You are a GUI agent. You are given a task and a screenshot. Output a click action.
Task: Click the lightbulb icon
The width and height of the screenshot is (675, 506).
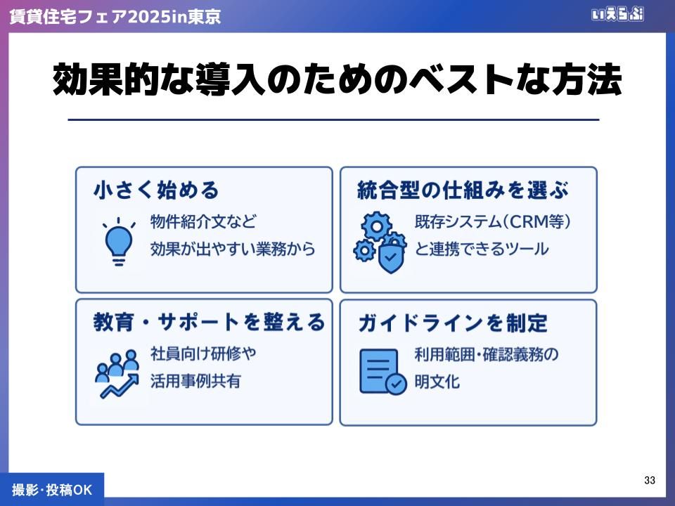tap(118, 241)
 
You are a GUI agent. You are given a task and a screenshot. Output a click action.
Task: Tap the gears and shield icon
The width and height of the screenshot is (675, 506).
tap(380, 242)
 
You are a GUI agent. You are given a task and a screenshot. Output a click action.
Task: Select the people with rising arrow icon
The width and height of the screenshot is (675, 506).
tap(117, 373)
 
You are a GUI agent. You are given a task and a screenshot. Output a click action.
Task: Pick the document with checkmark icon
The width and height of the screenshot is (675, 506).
tap(382, 372)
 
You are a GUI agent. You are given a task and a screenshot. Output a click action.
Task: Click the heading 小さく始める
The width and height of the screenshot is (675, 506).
tap(156, 190)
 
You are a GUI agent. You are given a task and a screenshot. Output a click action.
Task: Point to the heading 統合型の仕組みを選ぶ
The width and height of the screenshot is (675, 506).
tap(463, 190)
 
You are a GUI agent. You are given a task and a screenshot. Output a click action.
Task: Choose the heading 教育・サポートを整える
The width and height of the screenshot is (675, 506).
tap(210, 322)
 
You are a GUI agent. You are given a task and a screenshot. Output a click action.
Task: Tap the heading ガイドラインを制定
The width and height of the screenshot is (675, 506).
tap(452, 323)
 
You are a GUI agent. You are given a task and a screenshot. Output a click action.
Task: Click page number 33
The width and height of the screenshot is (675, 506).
tap(650, 480)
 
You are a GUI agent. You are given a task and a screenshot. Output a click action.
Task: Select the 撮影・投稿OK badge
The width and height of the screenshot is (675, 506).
tap(52, 490)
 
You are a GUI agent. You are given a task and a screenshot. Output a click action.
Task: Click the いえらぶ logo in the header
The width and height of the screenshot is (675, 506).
tap(617, 15)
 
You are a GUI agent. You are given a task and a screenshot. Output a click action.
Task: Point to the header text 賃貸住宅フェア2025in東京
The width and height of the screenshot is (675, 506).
tap(115, 16)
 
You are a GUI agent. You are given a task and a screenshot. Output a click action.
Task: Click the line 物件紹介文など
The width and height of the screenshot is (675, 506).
tap(203, 222)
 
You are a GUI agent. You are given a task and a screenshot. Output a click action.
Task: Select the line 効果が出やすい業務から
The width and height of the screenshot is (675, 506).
tap(233, 249)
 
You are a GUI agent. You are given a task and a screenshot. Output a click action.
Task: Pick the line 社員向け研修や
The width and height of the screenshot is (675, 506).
tap(203, 353)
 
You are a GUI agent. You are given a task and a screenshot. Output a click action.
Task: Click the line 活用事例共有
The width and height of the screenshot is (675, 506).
tap(195, 381)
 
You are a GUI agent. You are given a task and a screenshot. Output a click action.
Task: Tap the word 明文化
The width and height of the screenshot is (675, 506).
tap(437, 382)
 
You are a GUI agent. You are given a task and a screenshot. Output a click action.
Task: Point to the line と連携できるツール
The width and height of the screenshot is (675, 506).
tap(482, 249)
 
